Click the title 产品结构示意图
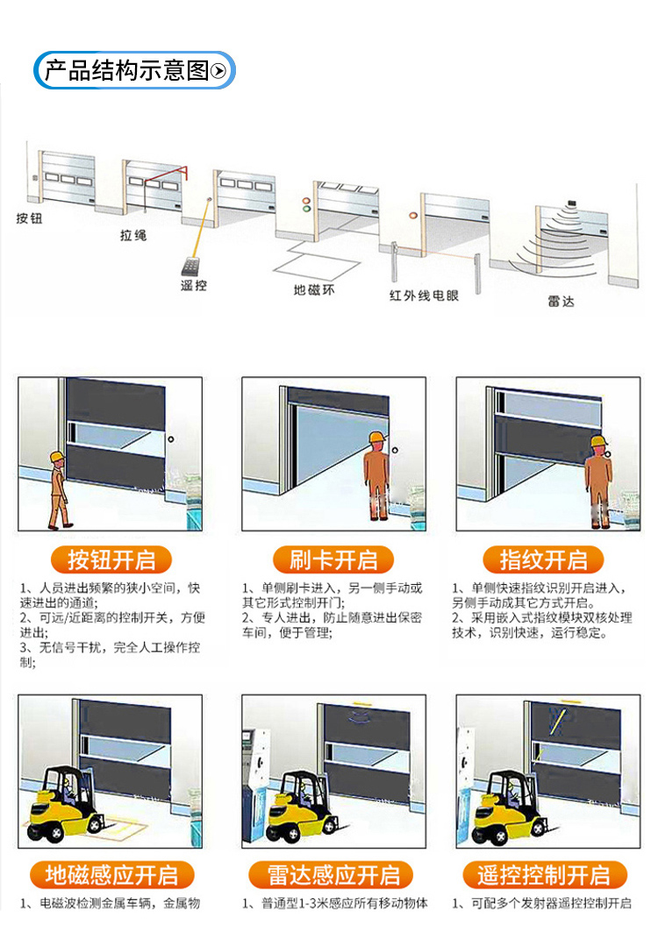pyautogui.click(x=127, y=70)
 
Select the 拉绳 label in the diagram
pyautogui.click(x=133, y=235)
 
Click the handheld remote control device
pyautogui.click(x=189, y=266)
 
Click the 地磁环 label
pyautogui.click(x=314, y=289)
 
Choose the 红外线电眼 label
pyautogui.click(x=424, y=296)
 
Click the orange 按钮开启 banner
pyautogui.click(x=110, y=560)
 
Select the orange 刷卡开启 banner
pyautogui.click(x=333, y=560)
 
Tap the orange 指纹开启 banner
pyautogui.click(x=544, y=560)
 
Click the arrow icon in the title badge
pyautogui.click(x=219, y=71)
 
